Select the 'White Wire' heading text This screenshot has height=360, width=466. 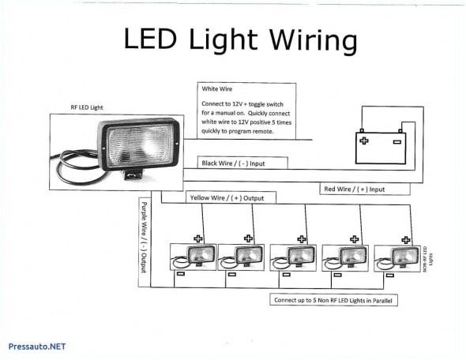pyautogui.click(x=216, y=91)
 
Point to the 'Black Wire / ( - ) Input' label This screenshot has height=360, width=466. pyautogui.click(x=234, y=163)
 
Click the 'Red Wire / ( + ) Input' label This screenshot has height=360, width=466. pyautogui.click(x=355, y=189)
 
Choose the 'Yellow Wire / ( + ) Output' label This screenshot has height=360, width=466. pyautogui.click(x=225, y=197)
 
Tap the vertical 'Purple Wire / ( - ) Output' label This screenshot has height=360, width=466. pyautogui.click(x=145, y=235)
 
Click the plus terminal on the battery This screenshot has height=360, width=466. pyautogui.click(x=364, y=141)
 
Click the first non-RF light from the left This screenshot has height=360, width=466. pyautogui.click(x=193, y=256)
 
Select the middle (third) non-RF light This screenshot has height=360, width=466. pyautogui.click(x=292, y=256)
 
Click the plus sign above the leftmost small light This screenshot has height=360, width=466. pyautogui.click(x=198, y=237)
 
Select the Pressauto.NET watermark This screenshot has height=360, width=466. pyautogui.click(x=36, y=347)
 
